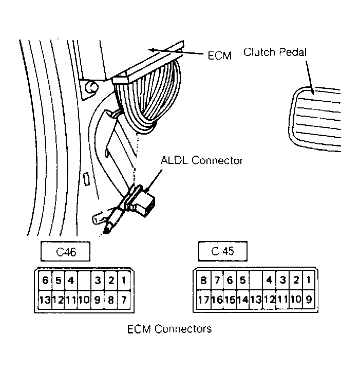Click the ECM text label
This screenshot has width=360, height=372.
pyautogui.click(x=220, y=56)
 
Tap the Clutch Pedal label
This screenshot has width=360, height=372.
pyautogui.click(x=275, y=52)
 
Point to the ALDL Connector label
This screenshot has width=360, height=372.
pyautogui.click(x=202, y=160)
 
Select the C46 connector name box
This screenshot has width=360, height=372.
pyautogui.click(x=65, y=251)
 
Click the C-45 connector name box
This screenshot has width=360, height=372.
pyautogui.click(x=223, y=251)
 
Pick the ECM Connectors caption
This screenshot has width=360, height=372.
pyautogui.click(x=169, y=329)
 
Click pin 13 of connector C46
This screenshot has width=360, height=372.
pyautogui.click(x=45, y=300)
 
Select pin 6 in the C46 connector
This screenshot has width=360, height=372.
pyautogui.click(x=45, y=281)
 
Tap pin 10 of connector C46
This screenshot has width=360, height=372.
pyautogui.click(x=84, y=300)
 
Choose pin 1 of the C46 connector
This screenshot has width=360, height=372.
pyautogui.click(x=124, y=281)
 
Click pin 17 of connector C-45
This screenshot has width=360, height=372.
pyautogui.click(x=204, y=300)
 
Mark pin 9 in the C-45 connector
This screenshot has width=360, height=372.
pyautogui.click(x=309, y=300)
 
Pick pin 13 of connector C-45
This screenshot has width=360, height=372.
pyautogui.click(x=256, y=300)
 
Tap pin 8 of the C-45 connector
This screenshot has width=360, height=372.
pyautogui.click(x=204, y=281)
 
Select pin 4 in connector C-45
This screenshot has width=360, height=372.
pyautogui.click(x=269, y=281)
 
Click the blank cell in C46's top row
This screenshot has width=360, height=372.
pyautogui.click(x=84, y=281)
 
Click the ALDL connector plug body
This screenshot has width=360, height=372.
pyautogui.click(x=145, y=203)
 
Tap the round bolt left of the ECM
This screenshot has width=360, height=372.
pyautogui.click(x=91, y=87)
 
